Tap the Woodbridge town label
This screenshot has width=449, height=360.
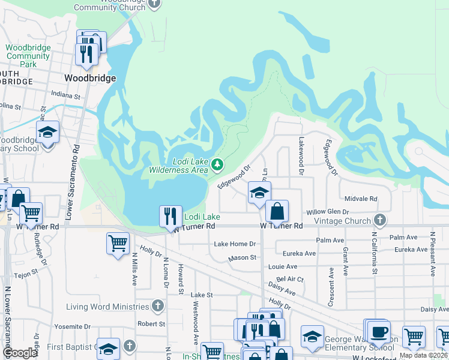tap(90, 78)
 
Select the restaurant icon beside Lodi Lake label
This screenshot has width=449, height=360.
tap(170, 215)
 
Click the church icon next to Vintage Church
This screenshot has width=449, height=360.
tap(379, 220)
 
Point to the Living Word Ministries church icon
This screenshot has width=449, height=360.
tap(157, 307)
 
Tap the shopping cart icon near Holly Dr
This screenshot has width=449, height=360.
tap(118, 243)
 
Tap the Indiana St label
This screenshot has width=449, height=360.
tap(65, 95)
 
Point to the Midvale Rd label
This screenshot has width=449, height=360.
tap(361, 199)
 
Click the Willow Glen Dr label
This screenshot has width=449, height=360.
tap(328, 212)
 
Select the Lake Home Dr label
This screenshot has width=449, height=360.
tap(235, 244)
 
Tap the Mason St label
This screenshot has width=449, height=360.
tap(242, 258)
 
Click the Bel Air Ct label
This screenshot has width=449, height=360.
tap(292, 280)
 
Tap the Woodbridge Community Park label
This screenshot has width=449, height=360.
tap(20, 56)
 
